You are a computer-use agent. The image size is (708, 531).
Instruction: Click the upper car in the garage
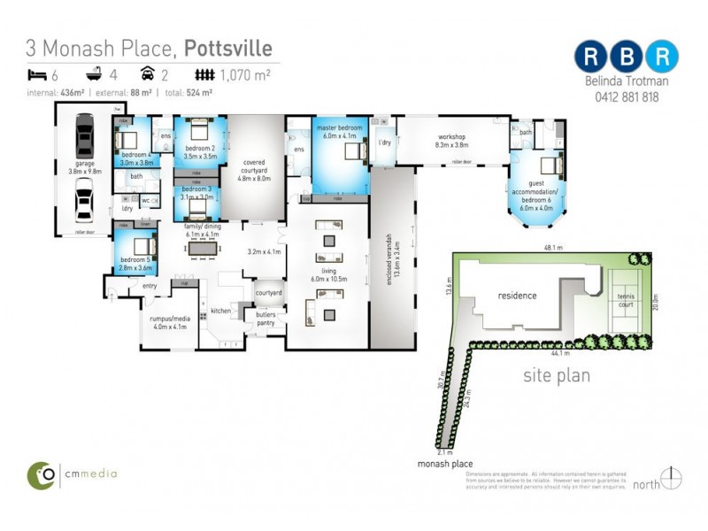coord(84,138)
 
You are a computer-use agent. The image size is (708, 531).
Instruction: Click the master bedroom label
coord(340,133)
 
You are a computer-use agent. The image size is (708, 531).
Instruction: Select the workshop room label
coord(451,140)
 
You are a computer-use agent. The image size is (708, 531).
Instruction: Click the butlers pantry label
coord(266,319)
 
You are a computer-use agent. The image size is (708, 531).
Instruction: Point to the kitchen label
coord(220,311)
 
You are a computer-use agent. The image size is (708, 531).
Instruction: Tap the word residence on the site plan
coord(517,295)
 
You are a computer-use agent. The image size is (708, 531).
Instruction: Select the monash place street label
coord(444,464)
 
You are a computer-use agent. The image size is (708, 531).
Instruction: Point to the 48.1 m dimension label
coord(553,249)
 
